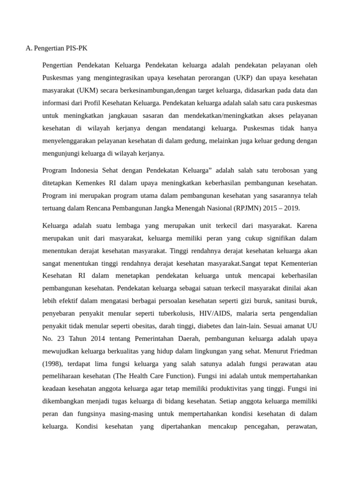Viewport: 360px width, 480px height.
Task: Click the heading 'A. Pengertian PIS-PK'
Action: [x=56, y=48]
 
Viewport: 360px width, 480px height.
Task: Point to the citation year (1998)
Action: [x=52, y=363]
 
